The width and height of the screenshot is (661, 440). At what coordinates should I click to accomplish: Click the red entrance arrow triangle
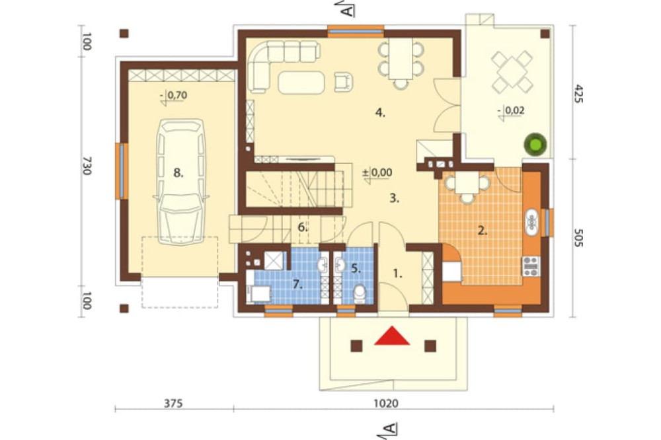(392, 336)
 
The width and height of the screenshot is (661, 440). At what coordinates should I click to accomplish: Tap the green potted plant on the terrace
(535, 144)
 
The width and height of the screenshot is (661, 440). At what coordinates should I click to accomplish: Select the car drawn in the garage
(180, 182)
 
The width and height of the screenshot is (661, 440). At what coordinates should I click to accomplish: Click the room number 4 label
(380, 112)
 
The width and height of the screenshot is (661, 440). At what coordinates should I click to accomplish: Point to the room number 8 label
(178, 172)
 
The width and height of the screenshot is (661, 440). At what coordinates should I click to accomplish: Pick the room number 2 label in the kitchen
(483, 231)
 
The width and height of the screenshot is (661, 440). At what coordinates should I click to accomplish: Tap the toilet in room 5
(360, 293)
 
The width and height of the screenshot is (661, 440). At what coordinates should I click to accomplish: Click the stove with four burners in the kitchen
(531, 266)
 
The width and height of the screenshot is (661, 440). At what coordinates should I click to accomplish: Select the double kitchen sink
(531, 222)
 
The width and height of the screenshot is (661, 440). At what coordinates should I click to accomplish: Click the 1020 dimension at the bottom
(386, 403)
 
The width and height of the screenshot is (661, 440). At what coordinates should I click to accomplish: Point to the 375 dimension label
(173, 403)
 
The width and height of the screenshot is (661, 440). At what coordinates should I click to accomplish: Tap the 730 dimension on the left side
(87, 166)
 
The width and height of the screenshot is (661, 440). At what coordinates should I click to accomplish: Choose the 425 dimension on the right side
(578, 94)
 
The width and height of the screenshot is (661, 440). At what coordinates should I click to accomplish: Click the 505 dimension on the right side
(578, 238)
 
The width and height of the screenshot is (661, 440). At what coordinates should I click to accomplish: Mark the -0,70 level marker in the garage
(174, 96)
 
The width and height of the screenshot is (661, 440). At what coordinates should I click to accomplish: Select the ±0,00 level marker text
(377, 172)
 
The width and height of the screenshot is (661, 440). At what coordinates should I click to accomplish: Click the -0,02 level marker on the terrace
(512, 111)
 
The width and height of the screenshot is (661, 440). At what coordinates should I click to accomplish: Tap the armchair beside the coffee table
(343, 82)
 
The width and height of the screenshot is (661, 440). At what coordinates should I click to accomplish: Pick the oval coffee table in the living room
(301, 82)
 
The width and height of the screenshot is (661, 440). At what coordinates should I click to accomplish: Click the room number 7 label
(298, 285)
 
